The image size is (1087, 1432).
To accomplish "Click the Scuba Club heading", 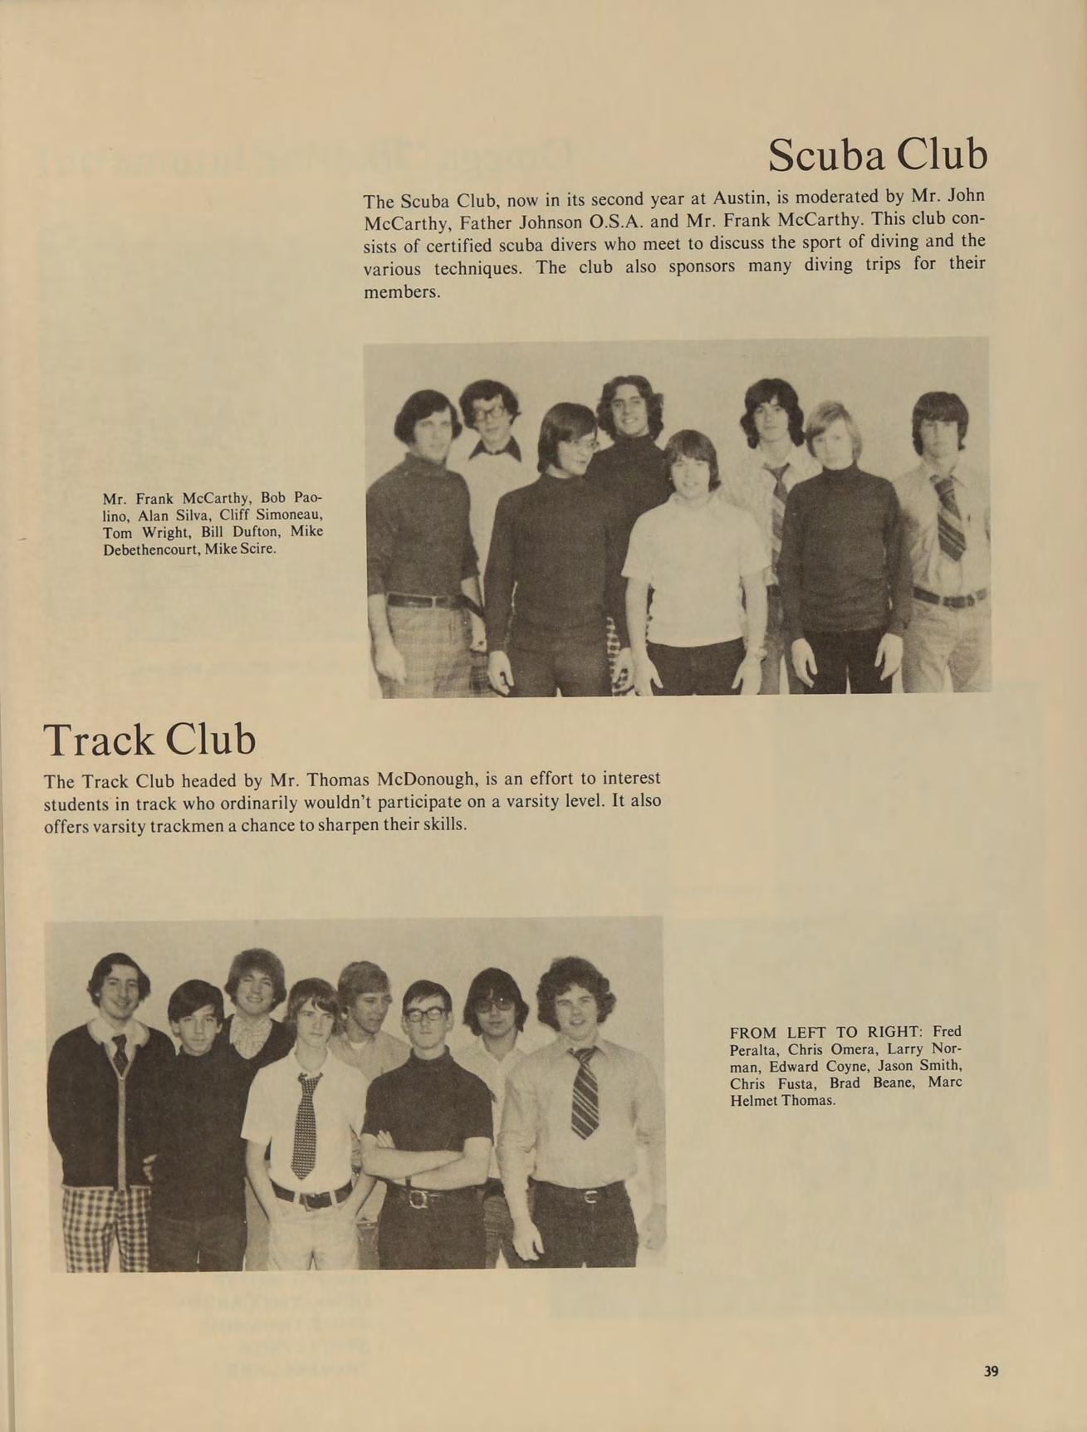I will (878, 154).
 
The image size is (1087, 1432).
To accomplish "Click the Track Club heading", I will (149, 740).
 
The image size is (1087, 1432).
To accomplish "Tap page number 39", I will (991, 1371).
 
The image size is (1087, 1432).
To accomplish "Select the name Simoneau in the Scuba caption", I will (286, 515).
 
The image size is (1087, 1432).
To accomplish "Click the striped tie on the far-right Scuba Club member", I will (949, 516).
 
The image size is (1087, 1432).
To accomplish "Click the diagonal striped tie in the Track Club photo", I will (585, 1091).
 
